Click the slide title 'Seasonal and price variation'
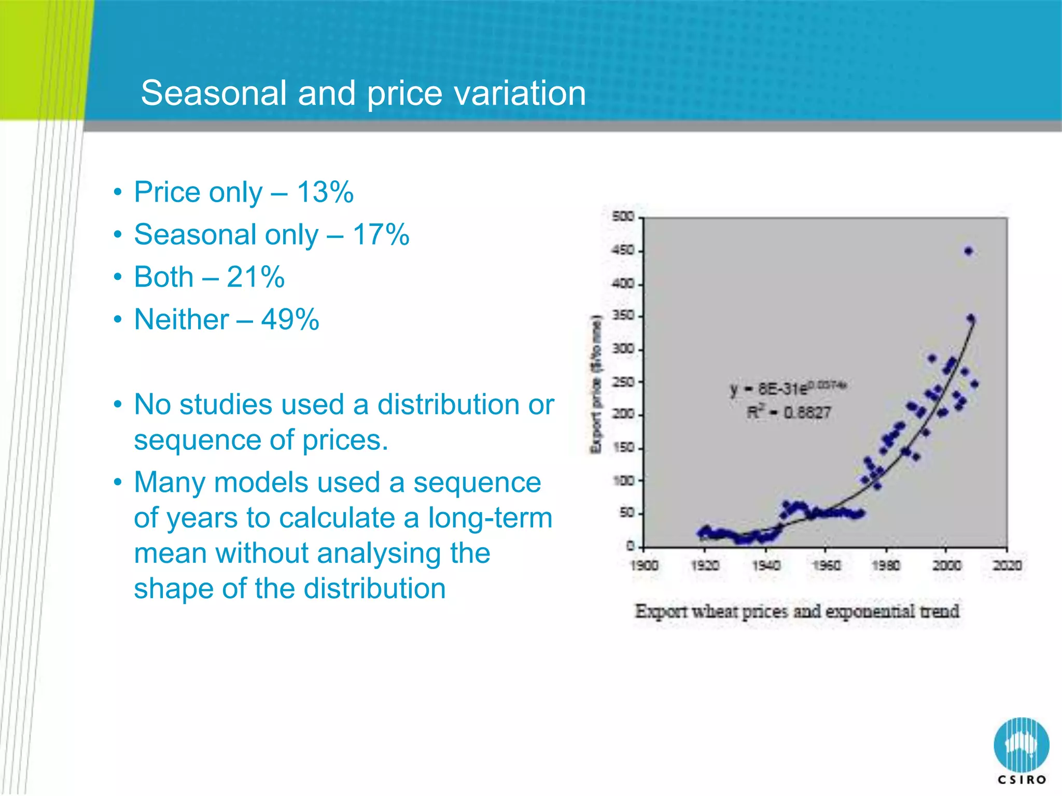(x=363, y=93)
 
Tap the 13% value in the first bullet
(x=325, y=192)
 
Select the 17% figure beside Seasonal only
(x=381, y=235)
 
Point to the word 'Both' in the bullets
(x=163, y=277)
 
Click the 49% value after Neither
(x=290, y=319)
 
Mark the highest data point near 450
(x=968, y=251)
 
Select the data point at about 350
(x=971, y=318)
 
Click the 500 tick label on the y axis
(x=623, y=217)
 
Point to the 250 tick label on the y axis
(x=623, y=382)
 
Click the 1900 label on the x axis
(x=644, y=565)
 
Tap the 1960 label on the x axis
(x=826, y=565)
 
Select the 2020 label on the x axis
(x=1007, y=565)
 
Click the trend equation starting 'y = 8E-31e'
(x=788, y=388)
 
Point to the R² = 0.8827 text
(x=788, y=413)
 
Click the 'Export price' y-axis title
(x=597, y=384)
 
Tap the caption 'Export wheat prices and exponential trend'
(x=797, y=612)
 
